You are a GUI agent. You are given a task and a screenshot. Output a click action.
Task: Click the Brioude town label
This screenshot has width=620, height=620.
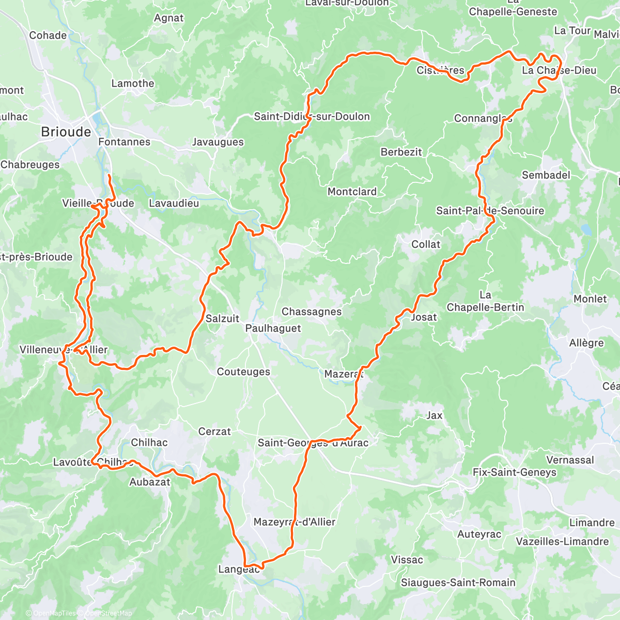click(66, 132)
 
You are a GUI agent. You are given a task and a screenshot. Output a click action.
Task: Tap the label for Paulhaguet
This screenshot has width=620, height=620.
click(273, 328)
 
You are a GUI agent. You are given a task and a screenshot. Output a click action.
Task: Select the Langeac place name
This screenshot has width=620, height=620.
click(239, 569)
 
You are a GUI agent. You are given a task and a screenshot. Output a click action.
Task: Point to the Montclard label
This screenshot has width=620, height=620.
click(352, 192)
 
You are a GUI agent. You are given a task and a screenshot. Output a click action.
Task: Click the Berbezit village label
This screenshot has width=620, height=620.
click(401, 152)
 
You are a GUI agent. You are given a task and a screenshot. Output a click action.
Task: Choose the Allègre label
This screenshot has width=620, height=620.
click(586, 343)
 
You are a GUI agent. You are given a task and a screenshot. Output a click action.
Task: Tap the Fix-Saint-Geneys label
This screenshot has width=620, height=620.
click(514, 472)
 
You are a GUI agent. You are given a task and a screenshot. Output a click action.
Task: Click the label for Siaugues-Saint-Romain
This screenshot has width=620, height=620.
click(458, 583)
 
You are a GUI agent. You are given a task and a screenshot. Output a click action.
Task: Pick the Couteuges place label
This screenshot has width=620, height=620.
click(243, 372)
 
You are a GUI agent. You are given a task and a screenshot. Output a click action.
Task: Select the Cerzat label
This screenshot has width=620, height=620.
click(214, 431)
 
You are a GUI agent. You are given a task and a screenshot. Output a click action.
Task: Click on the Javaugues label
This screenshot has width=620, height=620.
click(218, 142)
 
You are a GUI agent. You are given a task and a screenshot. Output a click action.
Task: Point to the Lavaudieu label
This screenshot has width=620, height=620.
click(174, 204)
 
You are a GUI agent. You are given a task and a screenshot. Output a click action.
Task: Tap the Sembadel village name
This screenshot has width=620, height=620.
click(546, 175)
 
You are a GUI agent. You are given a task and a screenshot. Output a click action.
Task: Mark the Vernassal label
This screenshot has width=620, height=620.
click(570, 460)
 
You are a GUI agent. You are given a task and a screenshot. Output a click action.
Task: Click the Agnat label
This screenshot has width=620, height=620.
click(168, 18)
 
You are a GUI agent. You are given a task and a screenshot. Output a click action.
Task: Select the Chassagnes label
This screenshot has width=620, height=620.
click(312, 312)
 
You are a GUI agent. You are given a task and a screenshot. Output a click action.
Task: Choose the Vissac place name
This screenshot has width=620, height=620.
click(407, 560)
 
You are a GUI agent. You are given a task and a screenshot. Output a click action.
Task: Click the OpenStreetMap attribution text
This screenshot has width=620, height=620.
click(108, 613)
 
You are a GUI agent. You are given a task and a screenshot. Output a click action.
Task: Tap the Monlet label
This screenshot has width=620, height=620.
click(590, 299)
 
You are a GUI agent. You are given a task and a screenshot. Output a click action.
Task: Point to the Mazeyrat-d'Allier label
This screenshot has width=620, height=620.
click(295, 522)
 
